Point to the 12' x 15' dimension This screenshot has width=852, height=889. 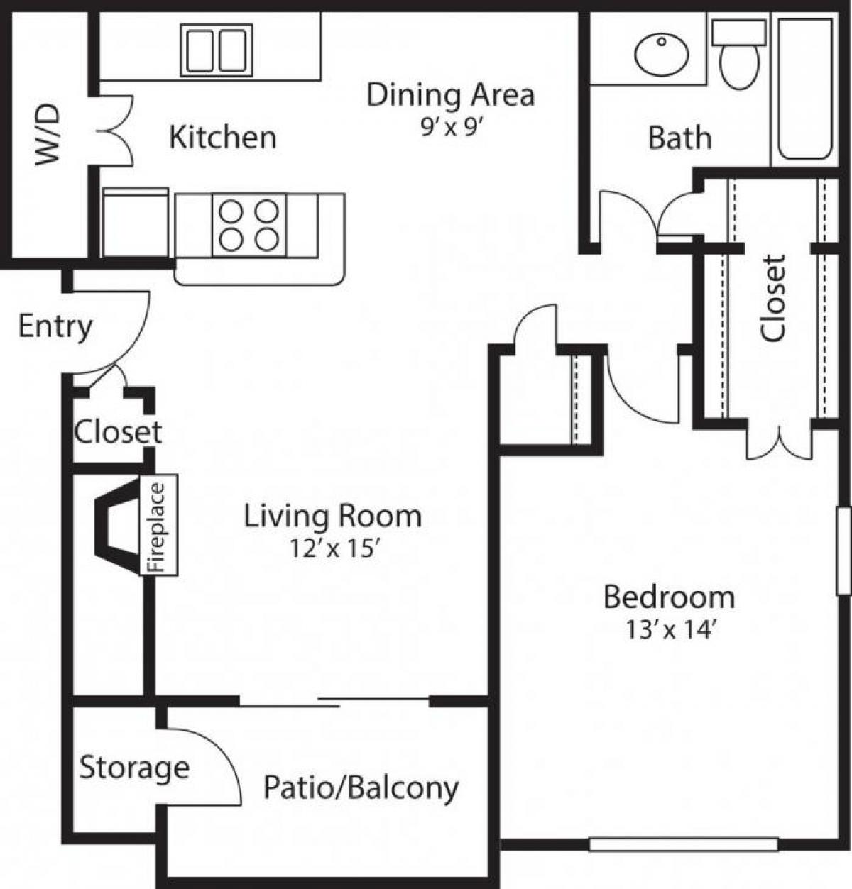point(332,548)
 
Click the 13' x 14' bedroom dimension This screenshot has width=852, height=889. point(669,629)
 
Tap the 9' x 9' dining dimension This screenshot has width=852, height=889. point(451,128)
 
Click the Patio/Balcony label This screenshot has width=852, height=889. point(361,788)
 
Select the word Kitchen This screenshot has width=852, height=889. point(222,136)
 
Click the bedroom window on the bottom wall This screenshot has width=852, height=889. point(684,844)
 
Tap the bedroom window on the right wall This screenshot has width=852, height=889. point(843,550)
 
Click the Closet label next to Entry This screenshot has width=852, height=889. point(118,431)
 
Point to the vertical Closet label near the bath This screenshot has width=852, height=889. point(773,298)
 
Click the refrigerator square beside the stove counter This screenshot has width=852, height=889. point(136,223)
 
